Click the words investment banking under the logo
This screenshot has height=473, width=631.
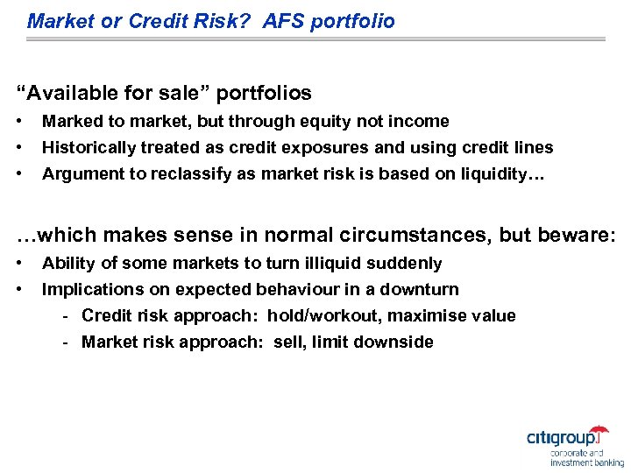[x=586, y=462]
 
